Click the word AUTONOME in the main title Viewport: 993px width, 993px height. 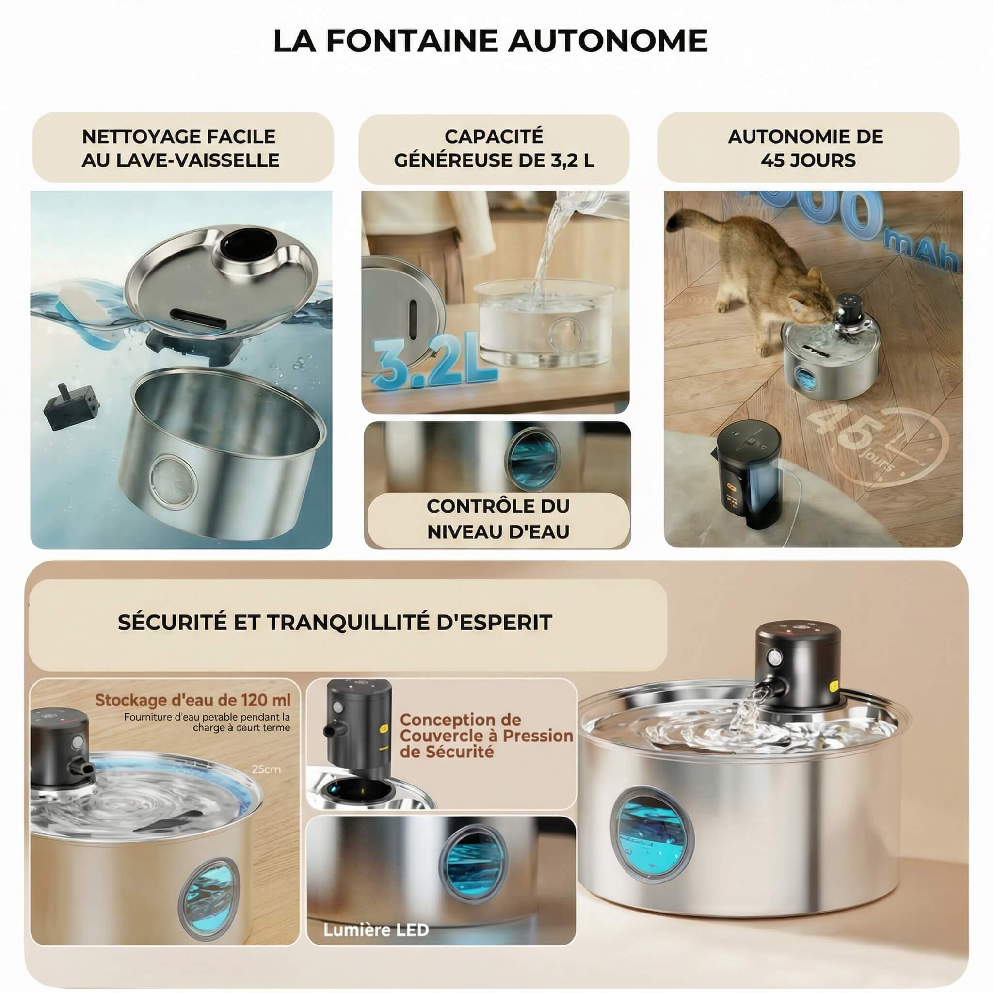[x=608, y=41]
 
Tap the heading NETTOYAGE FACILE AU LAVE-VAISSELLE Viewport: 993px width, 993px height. [x=180, y=148]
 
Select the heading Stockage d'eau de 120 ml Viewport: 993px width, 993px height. [x=193, y=700]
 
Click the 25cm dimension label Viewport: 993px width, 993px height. [x=266, y=769]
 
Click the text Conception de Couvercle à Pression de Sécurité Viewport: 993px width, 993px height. [x=486, y=736]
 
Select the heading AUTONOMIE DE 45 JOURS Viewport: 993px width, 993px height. [x=808, y=148]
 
